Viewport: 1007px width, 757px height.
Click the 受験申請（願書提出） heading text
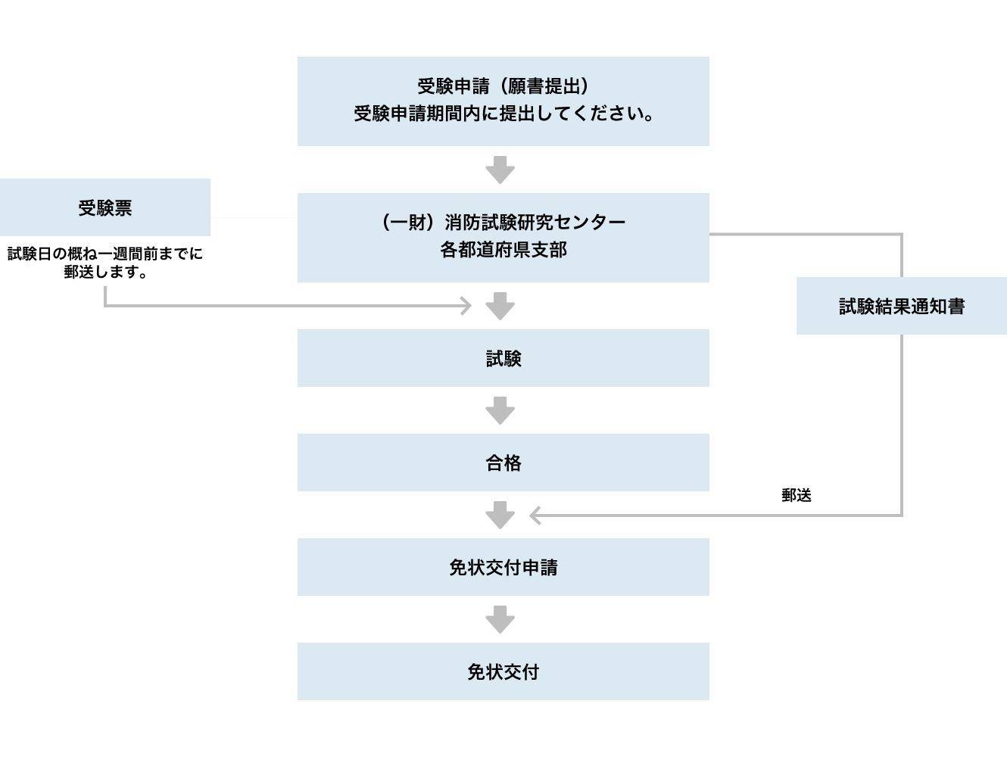coord(503,86)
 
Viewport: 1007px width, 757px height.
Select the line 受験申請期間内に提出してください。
coord(503,114)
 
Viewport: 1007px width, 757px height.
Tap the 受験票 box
coord(105,207)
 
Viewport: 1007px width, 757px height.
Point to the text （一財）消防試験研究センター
coord(503,223)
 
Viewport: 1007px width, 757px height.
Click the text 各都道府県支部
coord(503,250)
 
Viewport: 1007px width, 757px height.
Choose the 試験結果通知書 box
coord(902,306)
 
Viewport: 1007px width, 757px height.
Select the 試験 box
coord(503,358)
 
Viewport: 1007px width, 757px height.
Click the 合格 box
coord(503,463)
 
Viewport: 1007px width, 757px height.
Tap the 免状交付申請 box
coord(503,567)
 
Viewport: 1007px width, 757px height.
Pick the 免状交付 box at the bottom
coord(503,671)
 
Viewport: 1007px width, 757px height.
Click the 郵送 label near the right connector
coord(797,495)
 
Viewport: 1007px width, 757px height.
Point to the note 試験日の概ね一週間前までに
coord(105,254)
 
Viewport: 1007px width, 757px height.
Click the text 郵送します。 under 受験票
coord(105,272)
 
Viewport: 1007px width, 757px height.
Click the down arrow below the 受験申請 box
coord(500,170)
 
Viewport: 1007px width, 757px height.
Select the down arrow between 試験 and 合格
coord(500,411)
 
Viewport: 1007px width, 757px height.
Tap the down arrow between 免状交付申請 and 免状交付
coord(500,620)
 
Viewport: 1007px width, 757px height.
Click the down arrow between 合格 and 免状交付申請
coord(500,516)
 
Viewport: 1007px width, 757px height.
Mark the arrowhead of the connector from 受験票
coord(467,306)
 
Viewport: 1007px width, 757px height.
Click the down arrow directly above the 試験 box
coord(500,307)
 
